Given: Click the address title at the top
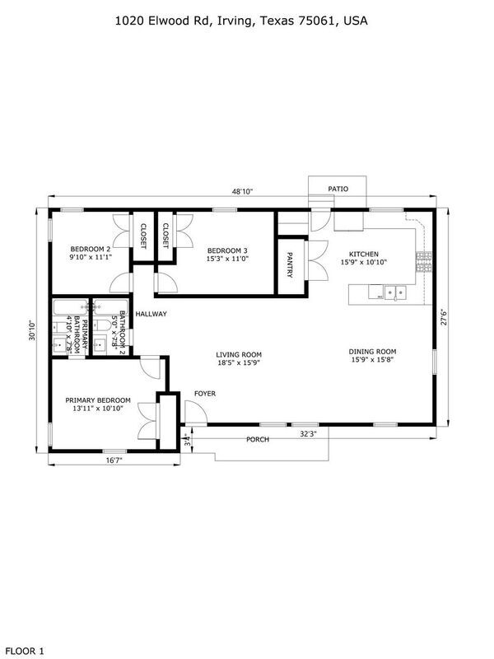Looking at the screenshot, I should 240,22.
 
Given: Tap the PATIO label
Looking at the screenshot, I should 338,189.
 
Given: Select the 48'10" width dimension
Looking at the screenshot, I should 241,191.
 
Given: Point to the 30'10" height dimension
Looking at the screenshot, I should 30,332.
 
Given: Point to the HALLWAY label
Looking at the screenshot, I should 151,314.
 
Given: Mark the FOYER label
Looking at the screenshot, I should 205,394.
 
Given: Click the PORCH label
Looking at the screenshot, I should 258,439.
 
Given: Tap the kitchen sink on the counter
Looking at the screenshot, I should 392,291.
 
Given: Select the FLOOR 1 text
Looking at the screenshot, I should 23,651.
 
